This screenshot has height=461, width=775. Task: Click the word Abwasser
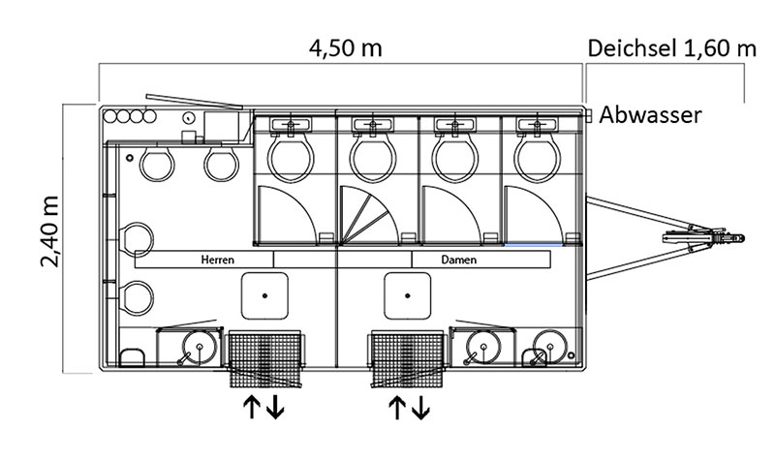pyautogui.click(x=650, y=115)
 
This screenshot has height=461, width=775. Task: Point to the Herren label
pyautogui.click(x=216, y=260)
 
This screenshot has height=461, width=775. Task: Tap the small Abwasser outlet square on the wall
pyautogui.click(x=588, y=114)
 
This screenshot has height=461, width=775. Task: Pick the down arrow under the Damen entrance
pyautogui.click(x=421, y=409)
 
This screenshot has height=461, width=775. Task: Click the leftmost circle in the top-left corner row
pyautogui.click(x=111, y=117)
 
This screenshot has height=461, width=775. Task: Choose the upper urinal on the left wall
pyautogui.click(x=139, y=237)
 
